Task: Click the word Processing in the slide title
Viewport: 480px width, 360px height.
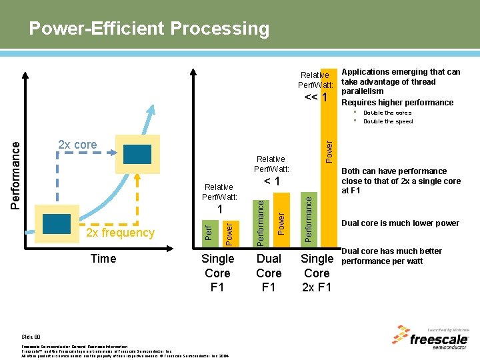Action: click(x=221, y=29)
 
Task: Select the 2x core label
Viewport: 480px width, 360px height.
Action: click(x=77, y=145)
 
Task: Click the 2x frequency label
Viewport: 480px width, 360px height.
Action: click(x=121, y=233)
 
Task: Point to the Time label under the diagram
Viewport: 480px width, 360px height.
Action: click(x=103, y=259)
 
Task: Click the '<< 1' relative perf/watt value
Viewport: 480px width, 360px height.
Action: click(x=316, y=97)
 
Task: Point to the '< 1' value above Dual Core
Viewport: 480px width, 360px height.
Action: click(x=271, y=181)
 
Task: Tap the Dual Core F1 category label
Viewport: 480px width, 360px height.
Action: click(x=269, y=273)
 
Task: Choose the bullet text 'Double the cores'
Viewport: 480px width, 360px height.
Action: click(x=387, y=113)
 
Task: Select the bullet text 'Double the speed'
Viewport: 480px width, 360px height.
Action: click(x=388, y=121)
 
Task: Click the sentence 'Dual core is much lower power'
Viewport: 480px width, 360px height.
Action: click(x=400, y=223)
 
